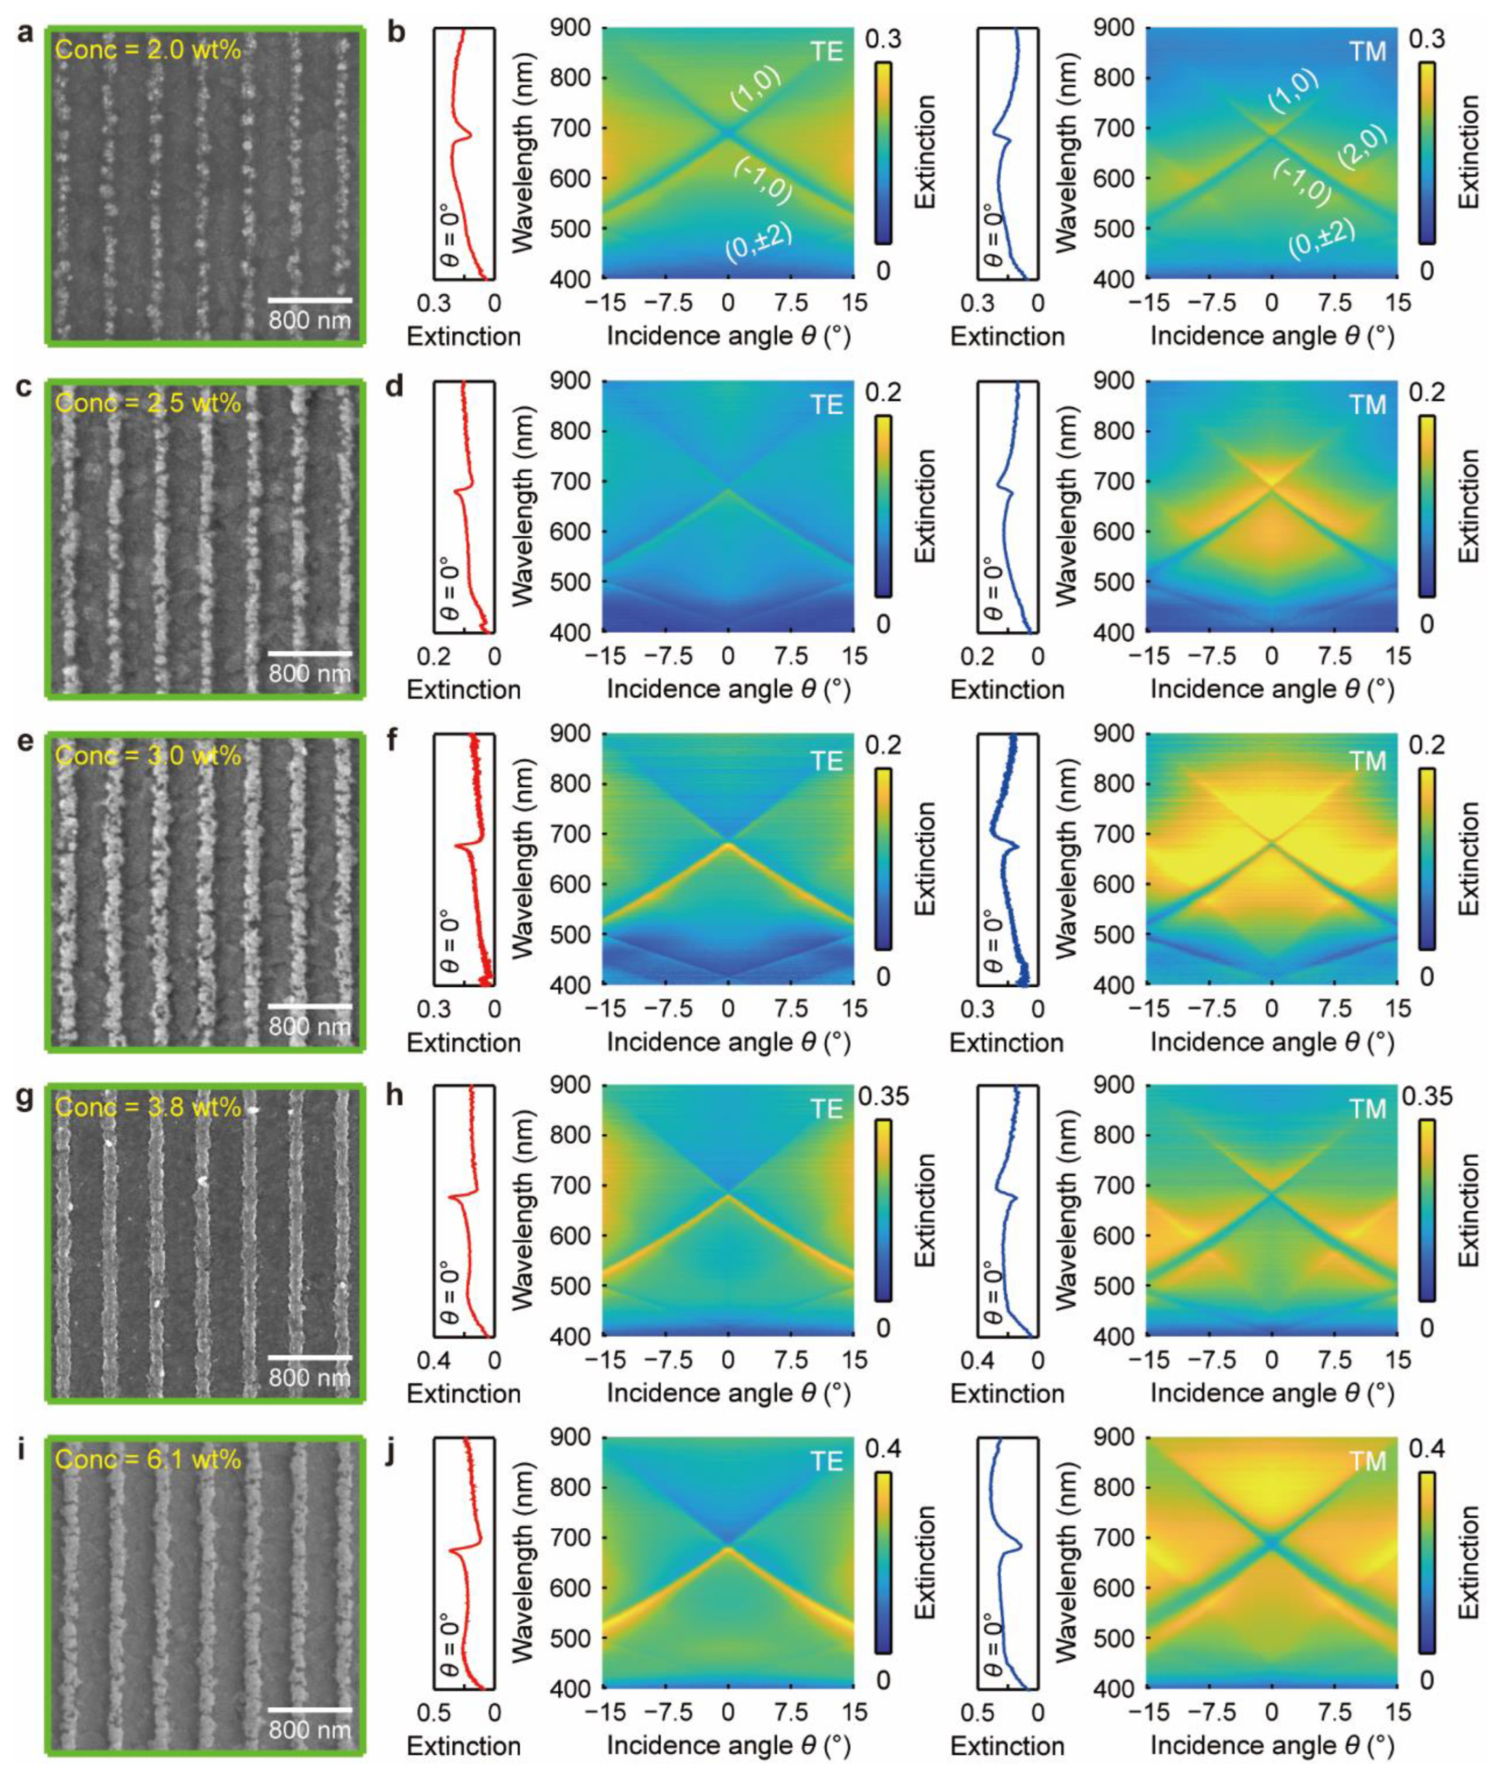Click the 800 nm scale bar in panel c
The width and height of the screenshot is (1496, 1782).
[x=310, y=654]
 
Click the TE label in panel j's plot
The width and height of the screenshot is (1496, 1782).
[x=826, y=1461]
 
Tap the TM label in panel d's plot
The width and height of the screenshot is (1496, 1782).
[x=1368, y=405]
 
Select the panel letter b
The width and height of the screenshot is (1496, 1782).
[x=396, y=34]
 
